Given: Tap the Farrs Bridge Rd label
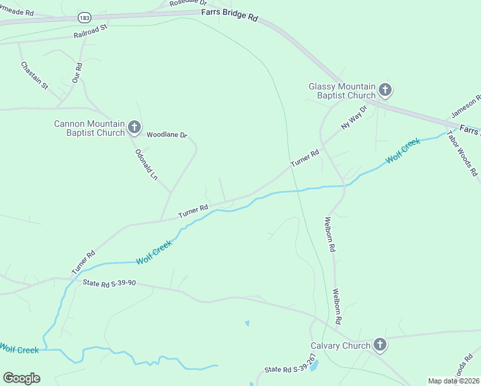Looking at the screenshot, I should [x=230, y=14].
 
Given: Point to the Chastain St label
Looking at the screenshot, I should [x=34, y=75].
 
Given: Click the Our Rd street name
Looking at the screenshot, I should [x=78, y=73].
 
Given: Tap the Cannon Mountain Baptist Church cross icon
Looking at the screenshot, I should [x=134, y=127].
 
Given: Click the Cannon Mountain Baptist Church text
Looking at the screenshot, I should [x=89, y=128].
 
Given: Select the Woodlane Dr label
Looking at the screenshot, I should [x=166, y=135].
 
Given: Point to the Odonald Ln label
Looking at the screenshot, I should [x=146, y=165].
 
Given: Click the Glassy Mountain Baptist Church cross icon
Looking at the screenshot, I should [x=385, y=90].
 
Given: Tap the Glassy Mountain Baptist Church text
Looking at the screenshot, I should [x=341, y=91].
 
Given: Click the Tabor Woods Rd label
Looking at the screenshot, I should [x=463, y=154].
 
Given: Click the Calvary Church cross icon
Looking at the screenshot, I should [x=379, y=345].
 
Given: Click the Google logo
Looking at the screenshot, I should [x=21, y=378].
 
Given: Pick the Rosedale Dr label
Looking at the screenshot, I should [x=188, y=3].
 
